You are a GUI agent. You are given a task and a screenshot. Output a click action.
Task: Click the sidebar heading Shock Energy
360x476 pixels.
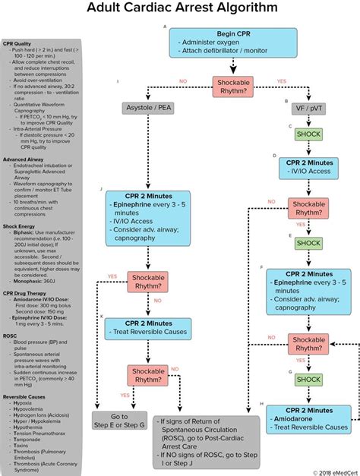click(19, 225)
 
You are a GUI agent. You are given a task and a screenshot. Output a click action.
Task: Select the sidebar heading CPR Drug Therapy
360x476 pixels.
click(24, 292)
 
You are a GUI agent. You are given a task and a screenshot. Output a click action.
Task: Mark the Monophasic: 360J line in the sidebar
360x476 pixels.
click(30, 279)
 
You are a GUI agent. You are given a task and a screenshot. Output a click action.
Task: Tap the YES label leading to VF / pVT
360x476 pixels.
click(282, 80)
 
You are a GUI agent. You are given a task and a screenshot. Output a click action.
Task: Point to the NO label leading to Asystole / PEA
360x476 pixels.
click(183, 80)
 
